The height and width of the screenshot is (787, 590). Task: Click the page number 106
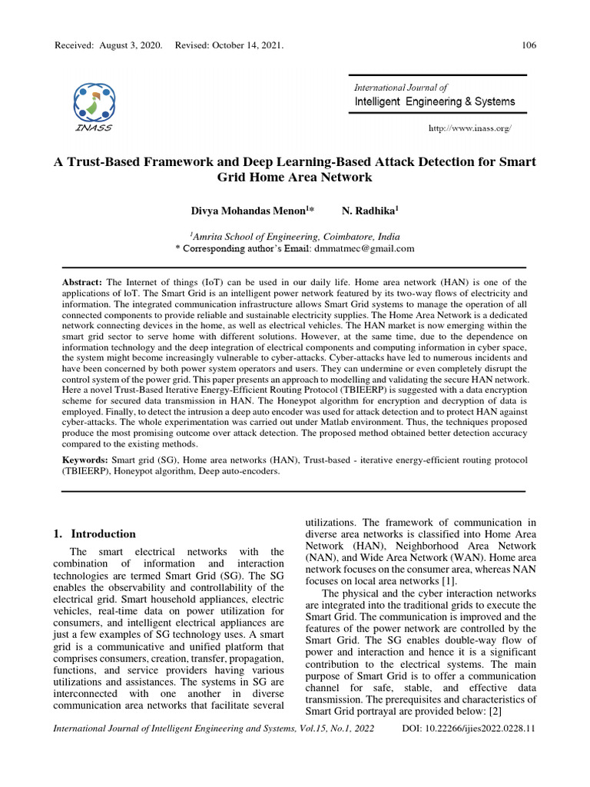[x=529, y=45]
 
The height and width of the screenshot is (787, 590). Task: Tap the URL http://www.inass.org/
[x=469, y=128]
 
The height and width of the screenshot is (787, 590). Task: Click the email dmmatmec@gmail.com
[x=363, y=249]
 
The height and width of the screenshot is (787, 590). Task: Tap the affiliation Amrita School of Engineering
[x=261, y=237]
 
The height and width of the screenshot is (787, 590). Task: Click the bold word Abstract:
[x=82, y=283]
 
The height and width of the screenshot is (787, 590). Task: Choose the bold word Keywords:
[x=85, y=460]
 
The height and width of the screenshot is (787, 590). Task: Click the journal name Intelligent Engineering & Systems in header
[x=435, y=101]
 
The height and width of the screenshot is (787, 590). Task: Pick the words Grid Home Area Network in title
[x=295, y=178]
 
